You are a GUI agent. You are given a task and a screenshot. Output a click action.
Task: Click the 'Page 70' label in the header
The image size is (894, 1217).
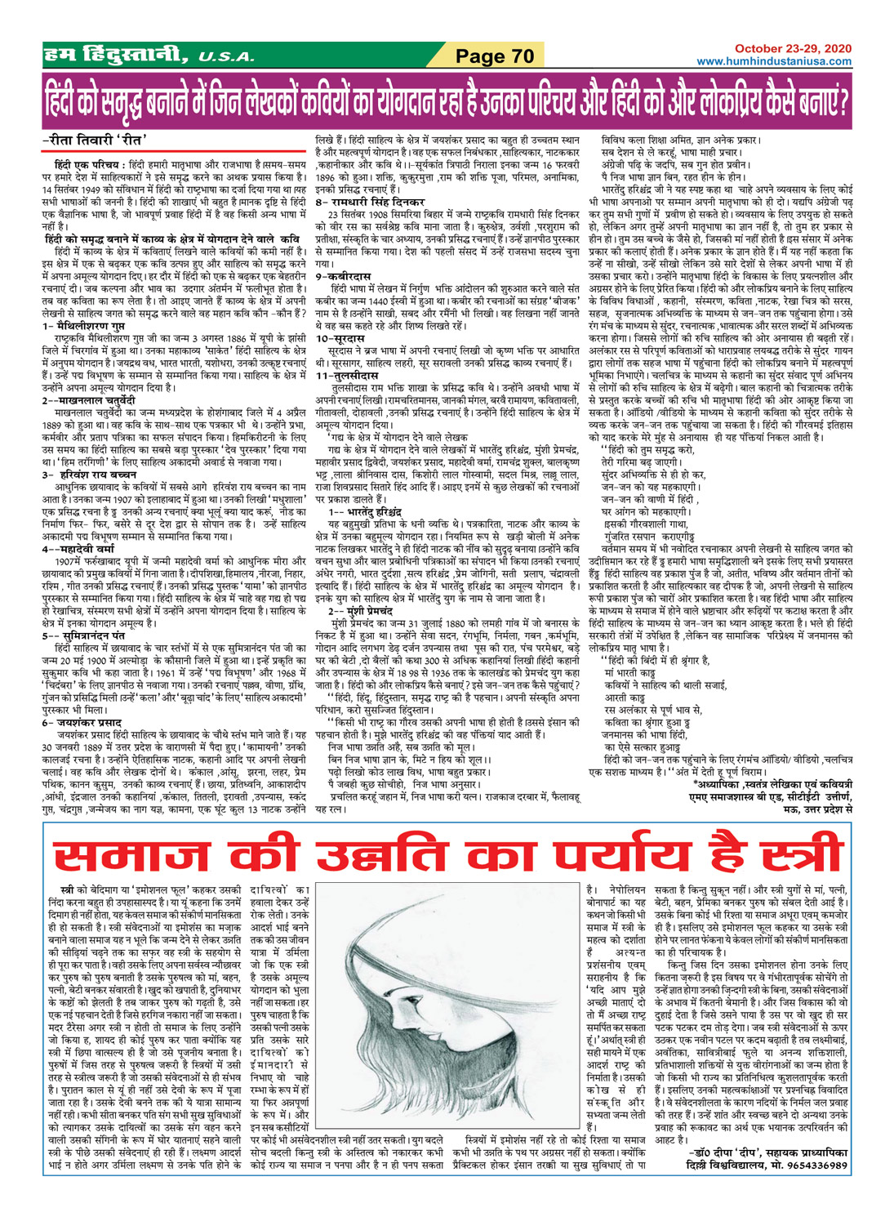495,56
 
